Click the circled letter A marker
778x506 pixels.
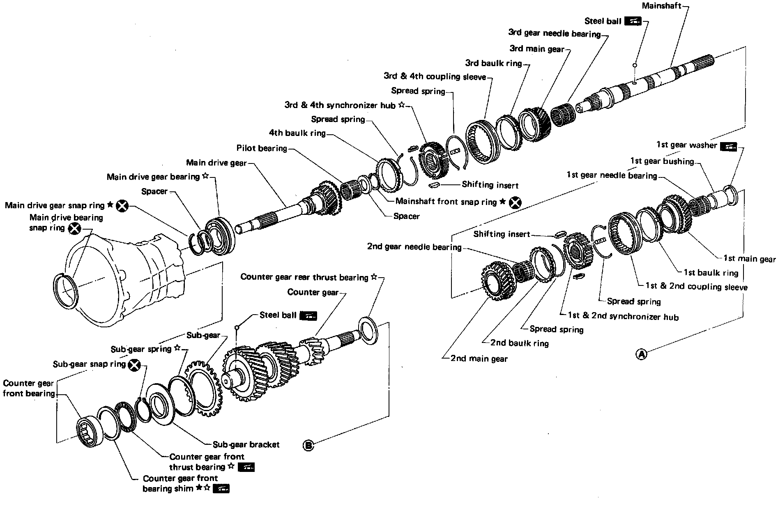(641, 354)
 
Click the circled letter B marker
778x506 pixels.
(308, 445)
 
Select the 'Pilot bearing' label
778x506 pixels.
(262, 148)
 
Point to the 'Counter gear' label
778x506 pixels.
(313, 292)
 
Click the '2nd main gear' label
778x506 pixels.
(479, 359)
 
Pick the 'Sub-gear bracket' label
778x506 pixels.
(246, 444)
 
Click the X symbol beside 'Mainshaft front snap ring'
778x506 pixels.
(515, 202)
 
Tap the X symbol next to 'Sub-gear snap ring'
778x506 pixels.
(134, 365)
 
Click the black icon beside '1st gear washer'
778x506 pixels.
(728, 146)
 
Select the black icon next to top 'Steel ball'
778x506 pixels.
(633, 21)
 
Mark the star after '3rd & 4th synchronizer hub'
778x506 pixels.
(401, 105)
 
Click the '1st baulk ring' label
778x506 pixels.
(711, 272)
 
